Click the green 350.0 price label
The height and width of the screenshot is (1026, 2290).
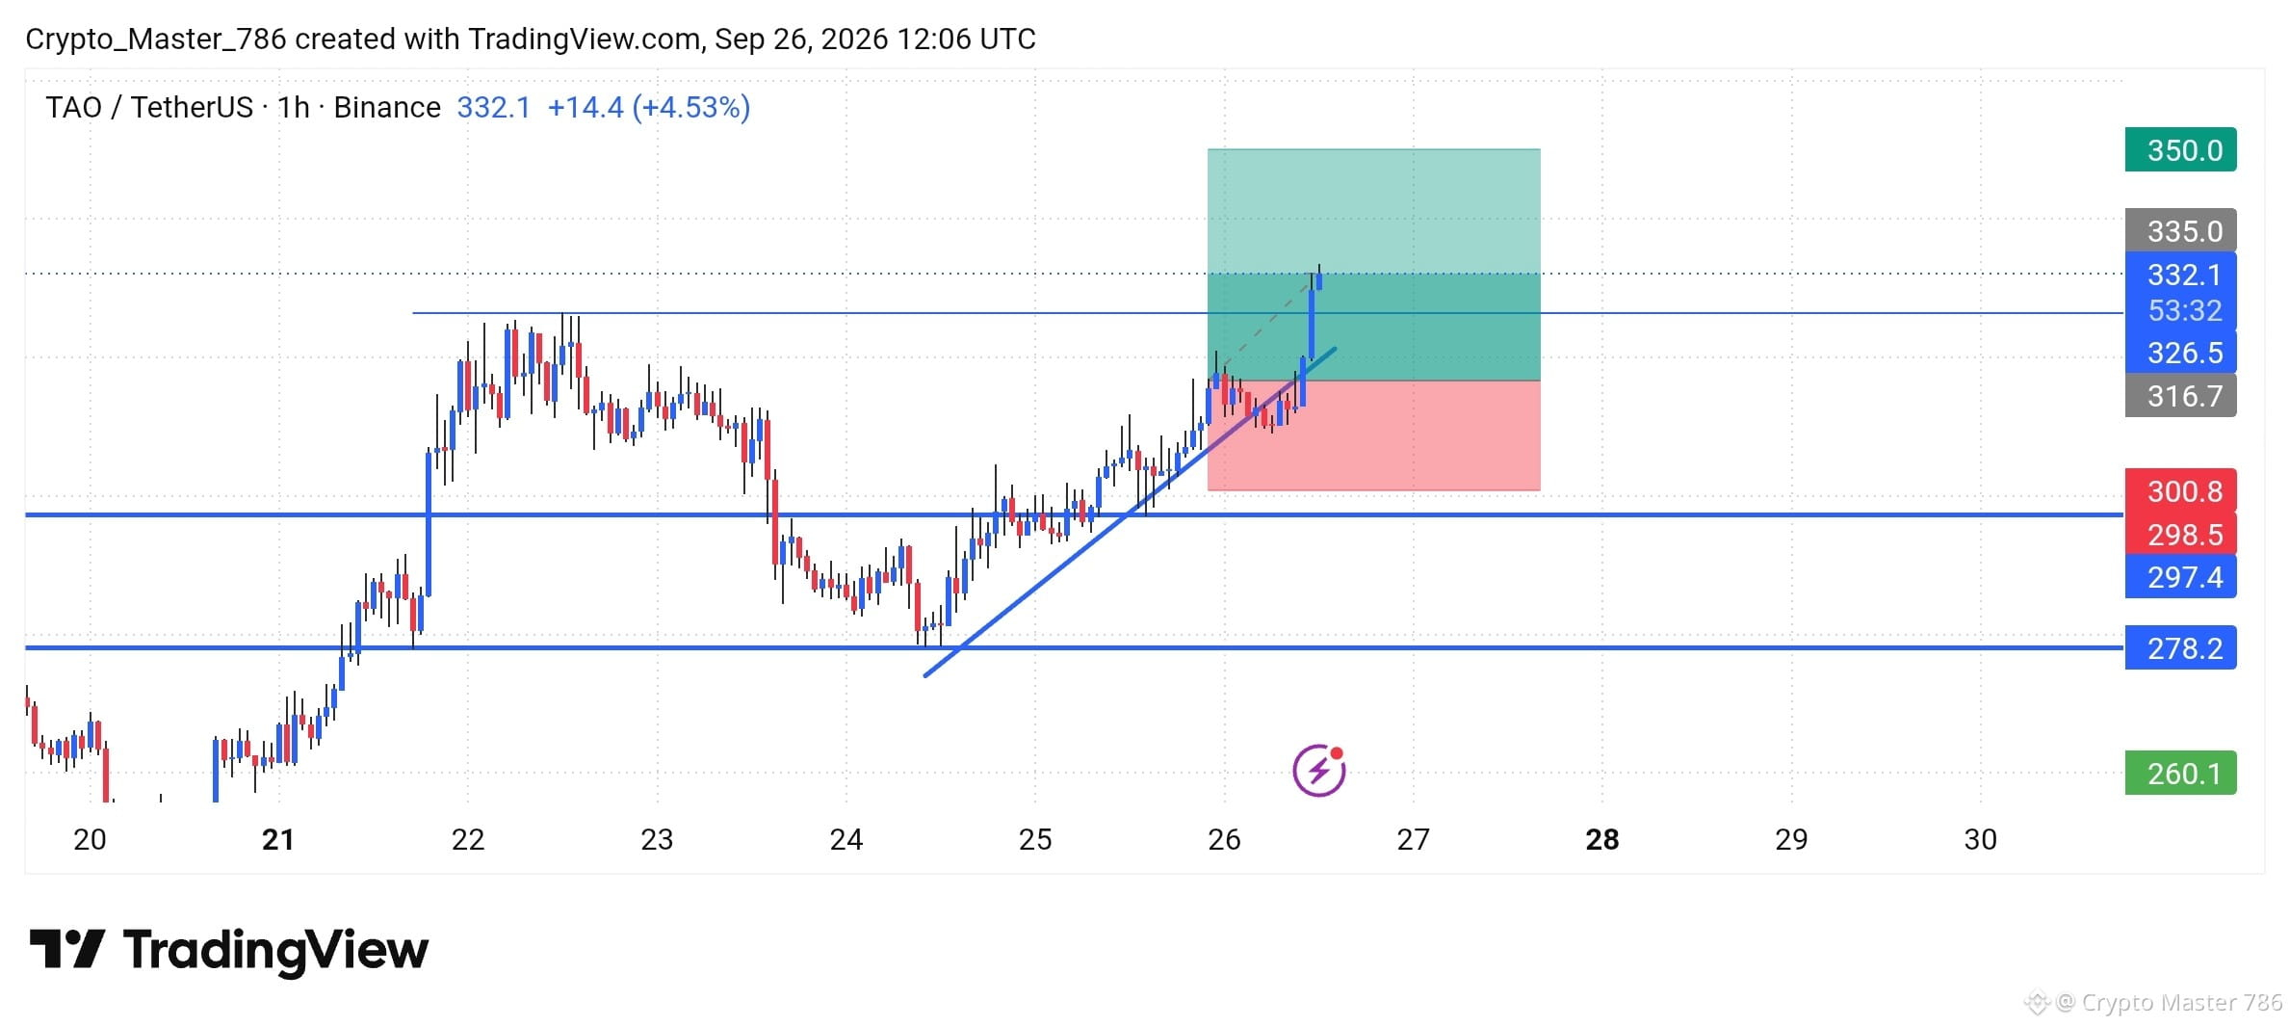[2180, 150]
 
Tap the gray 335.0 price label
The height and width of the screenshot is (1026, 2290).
[2180, 231]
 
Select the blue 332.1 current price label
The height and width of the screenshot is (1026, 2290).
[2180, 275]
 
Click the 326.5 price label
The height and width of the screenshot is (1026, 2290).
[2180, 353]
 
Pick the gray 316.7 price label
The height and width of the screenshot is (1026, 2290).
[2180, 396]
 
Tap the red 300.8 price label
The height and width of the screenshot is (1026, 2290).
[2180, 491]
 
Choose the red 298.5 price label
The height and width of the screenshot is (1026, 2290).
[2180, 534]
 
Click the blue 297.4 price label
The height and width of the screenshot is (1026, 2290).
[2180, 577]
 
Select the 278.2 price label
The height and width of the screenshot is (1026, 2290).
[2180, 648]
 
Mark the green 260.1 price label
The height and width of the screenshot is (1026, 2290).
[2180, 774]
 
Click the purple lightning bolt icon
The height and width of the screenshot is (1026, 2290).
[1318, 770]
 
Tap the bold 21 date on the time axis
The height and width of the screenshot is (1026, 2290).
[278, 840]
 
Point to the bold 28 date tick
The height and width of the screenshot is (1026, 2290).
[1602, 840]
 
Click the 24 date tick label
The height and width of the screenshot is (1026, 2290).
[846, 840]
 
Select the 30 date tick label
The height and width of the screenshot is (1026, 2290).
[1981, 840]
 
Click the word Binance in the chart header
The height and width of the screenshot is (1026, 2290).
[387, 107]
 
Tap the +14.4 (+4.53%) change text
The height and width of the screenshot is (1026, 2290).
[649, 107]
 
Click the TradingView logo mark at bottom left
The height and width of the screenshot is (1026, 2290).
[66, 949]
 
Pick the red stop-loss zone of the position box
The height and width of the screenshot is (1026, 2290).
[1373, 435]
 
